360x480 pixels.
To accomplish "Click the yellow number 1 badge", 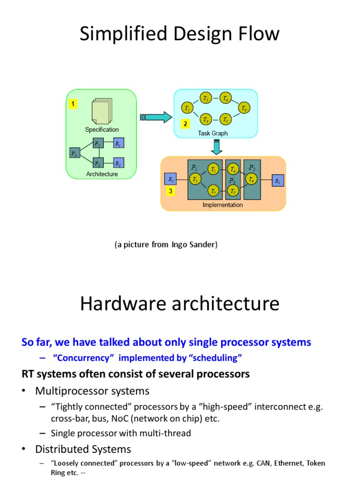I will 73,104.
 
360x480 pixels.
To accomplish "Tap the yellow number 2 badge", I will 186,124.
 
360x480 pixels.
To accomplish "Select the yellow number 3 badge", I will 171,191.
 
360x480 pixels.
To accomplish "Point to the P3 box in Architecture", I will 74,153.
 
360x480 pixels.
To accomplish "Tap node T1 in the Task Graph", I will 187,108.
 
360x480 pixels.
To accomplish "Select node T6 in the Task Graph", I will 243,108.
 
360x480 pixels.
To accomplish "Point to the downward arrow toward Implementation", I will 216,147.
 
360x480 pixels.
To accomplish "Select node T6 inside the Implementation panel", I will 252,179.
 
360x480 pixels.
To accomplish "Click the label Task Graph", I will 213,133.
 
